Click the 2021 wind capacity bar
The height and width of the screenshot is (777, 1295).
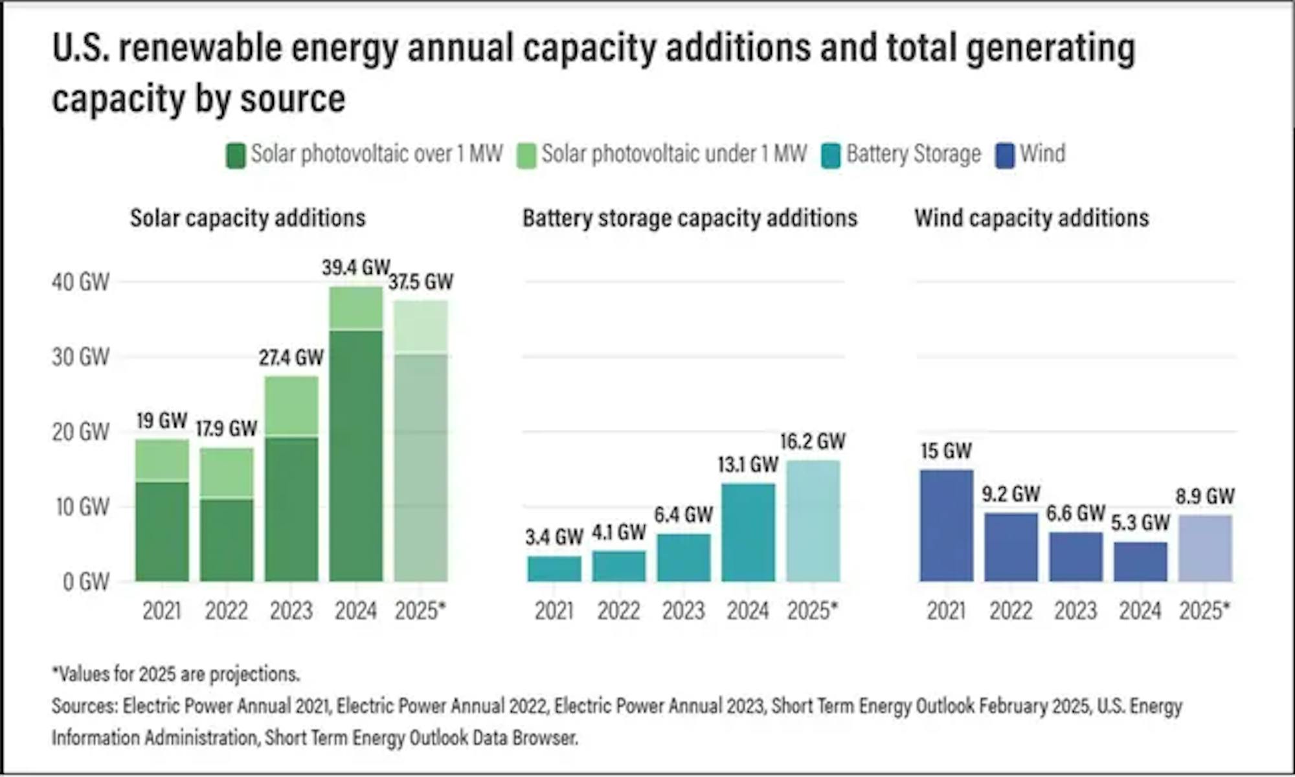(946, 526)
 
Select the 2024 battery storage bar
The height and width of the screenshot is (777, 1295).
(748, 532)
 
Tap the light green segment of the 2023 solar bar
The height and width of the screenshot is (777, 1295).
(291, 406)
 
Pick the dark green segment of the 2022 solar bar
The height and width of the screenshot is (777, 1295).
(227, 540)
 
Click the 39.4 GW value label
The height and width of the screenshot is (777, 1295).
(355, 267)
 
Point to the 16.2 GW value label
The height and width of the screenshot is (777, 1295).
(813, 442)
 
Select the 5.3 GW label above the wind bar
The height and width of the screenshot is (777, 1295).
(1140, 523)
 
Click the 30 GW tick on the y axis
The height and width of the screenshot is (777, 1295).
(81, 357)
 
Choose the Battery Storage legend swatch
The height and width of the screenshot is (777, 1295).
(830, 155)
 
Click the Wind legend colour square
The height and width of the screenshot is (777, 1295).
(1005, 155)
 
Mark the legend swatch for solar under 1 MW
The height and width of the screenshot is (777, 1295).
(526, 155)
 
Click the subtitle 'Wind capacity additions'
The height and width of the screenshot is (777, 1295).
(1031, 218)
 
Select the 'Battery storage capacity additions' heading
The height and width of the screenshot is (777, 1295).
(690, 218)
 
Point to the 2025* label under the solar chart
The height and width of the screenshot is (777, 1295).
(420, 611)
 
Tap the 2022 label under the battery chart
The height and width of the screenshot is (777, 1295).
(618, 611)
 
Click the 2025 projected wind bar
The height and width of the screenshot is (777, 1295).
(1205, 548)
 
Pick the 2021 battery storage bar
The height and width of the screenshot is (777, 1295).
(554, 569)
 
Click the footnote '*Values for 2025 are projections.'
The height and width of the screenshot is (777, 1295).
(176, 674)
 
